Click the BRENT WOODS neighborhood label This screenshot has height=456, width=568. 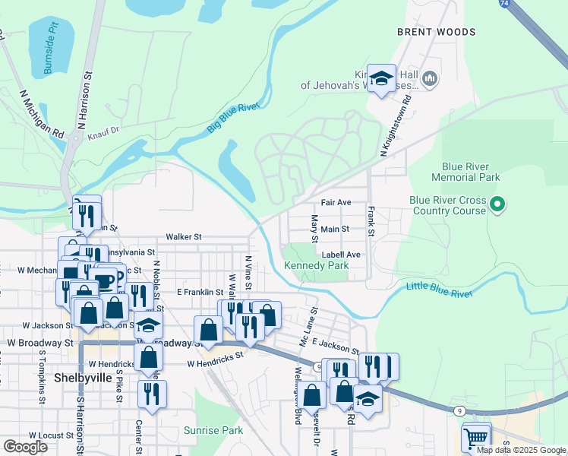pos(436,32)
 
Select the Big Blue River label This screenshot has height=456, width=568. pos(233,120)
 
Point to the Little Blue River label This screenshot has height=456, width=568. pos(439,288)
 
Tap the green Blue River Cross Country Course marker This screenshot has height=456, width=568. pos(497,204)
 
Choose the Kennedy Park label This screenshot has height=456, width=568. pos(316,265)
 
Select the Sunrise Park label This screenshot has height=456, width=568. pos(213,430)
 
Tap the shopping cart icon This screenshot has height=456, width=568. pos(476,437)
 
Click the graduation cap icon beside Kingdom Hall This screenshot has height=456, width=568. pos(381,78)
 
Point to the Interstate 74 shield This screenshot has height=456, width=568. pos(505,4)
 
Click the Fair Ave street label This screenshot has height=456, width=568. pos(336,203)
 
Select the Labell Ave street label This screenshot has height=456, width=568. pos(340,255)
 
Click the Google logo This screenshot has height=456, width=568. pos(25,447)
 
